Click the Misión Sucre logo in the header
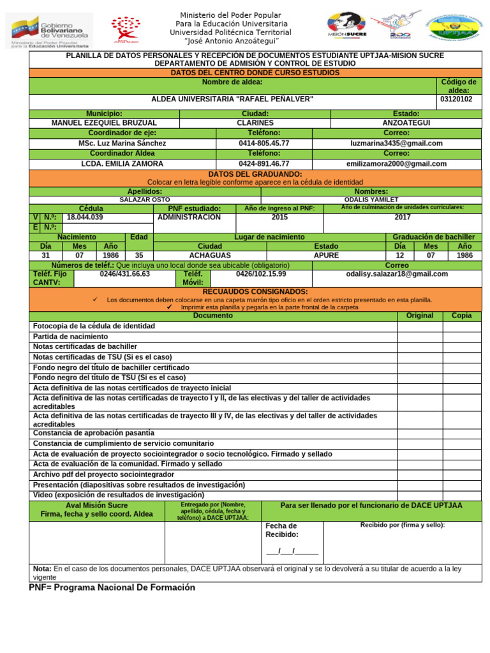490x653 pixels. click(347, 26)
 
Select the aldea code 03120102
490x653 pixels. click(456, 99)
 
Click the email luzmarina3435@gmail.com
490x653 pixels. click(396, 143)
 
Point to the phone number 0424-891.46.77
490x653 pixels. click(264, 164)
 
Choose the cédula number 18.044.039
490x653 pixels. click(85, 217)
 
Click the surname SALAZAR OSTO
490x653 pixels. click(145, 200)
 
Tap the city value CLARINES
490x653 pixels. click(255, 122)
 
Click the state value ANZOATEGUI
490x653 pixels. click(406, 122)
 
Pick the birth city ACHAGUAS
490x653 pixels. click(210, 255)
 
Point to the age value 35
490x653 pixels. click(139, 255)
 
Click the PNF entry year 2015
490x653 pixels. click(279, 217)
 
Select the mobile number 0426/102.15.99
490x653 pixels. click(261, 274)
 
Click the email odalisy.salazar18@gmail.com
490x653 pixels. click(396, 274)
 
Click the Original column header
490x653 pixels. click(419, 316)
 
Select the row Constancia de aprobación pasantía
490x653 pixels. click(94, 433)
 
